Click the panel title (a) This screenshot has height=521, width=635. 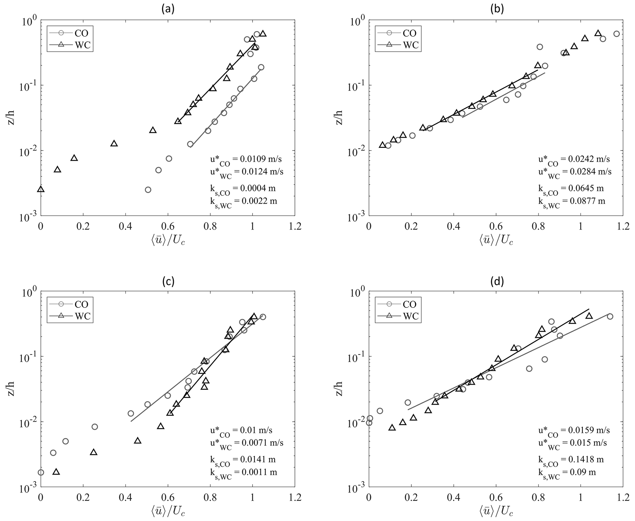point(168,10)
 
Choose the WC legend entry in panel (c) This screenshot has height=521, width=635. point(69,316)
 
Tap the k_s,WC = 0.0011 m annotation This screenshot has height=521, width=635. point(241,473)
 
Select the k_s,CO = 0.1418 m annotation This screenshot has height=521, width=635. point(570,460)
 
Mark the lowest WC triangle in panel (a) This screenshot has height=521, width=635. point(41,189)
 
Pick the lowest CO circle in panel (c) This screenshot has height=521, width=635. point(41,472)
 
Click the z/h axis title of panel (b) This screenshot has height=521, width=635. point(339,118)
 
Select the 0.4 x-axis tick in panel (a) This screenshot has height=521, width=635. point(125,227)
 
